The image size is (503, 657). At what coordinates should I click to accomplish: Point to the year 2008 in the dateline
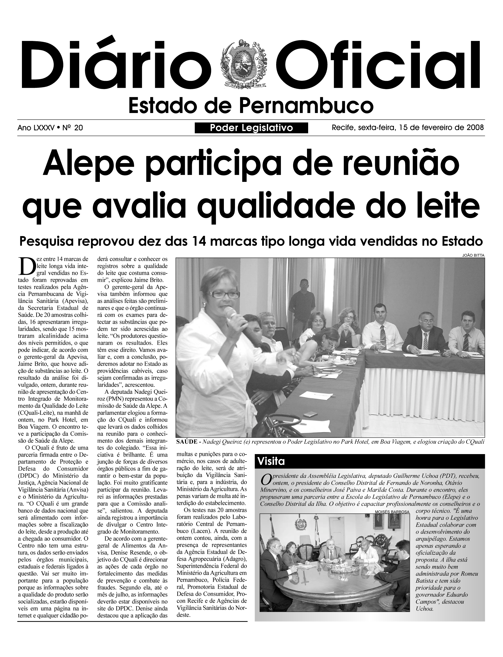pyautogui.click(x=475, y=128)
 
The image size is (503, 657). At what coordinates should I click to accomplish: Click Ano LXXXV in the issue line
pyautogui.click(x=36, y=128)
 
